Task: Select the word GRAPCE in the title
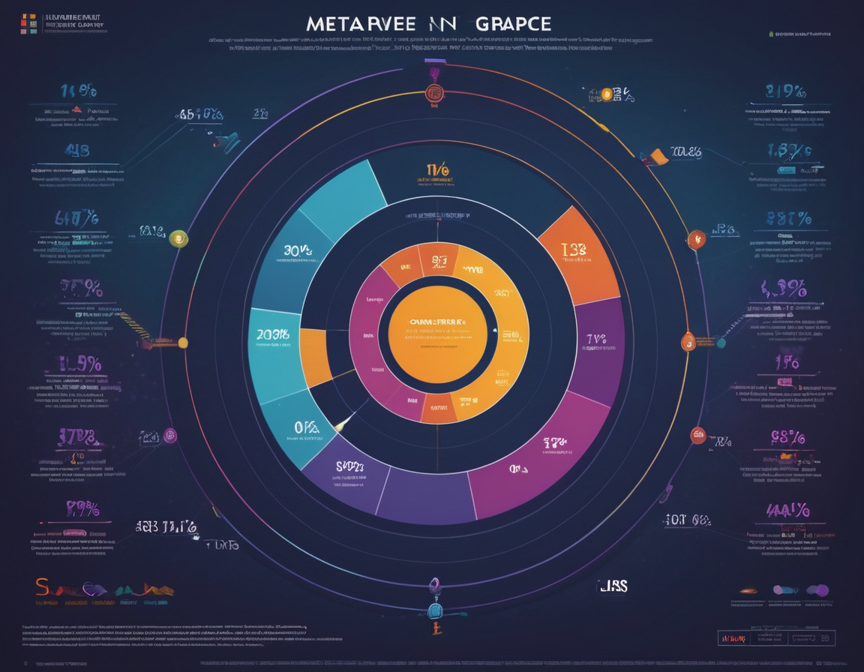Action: (513, 23)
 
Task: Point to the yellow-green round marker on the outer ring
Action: (178, 238)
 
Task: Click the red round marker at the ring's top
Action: (433, 94)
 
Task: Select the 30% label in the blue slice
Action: (298, 250)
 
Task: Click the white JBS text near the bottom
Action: (612, 585)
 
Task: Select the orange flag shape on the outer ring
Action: (655, 157)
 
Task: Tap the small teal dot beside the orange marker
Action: (721, 343)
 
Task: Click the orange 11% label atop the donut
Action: (436, 171)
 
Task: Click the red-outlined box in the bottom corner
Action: (732, 637)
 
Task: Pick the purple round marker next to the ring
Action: (170, 435)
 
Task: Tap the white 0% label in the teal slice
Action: (306, 428)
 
